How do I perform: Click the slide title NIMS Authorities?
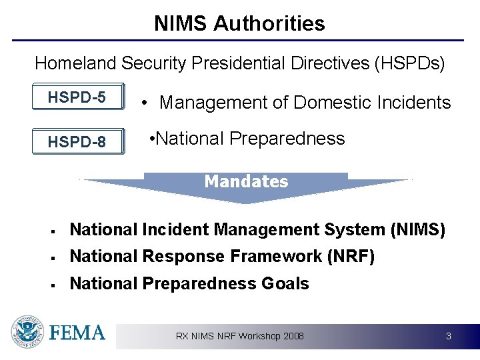(239, 24)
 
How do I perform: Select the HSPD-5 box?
(77, 98)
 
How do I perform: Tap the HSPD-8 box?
(77, 141)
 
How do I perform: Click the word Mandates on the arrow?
(246, 181)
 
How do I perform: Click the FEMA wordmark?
(77, 333)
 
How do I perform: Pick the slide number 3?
(449, 336)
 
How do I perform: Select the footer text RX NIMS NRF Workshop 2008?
(239, 336)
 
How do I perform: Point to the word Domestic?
(329, 103)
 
